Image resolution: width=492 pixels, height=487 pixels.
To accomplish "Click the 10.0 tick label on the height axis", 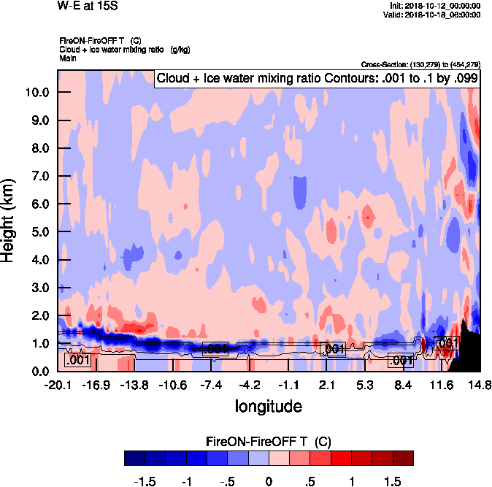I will tap(37, 93).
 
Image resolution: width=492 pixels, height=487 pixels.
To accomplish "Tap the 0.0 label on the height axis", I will tap(40, 372).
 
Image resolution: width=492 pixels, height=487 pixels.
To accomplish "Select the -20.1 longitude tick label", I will tap(57, 385).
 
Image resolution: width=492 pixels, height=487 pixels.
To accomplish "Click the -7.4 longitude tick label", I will tap(211, 385).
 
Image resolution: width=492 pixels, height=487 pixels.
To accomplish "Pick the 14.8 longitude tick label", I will tap(480, 385).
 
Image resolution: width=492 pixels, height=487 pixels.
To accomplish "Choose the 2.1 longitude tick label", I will tap(326, 385).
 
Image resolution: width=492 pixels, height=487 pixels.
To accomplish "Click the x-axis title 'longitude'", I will tap(268, 405).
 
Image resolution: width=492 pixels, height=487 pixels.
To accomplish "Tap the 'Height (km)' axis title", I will tap(9, 221).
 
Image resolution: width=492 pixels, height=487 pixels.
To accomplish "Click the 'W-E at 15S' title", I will tap(87, 7).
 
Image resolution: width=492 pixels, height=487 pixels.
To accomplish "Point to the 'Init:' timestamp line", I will tap(436, 6).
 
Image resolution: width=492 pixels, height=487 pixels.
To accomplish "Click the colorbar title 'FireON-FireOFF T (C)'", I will tap(269, 442).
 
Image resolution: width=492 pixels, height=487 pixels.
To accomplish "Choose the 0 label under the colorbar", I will tap(269, 482).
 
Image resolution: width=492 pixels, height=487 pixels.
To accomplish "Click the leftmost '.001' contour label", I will tap(77, 360).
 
